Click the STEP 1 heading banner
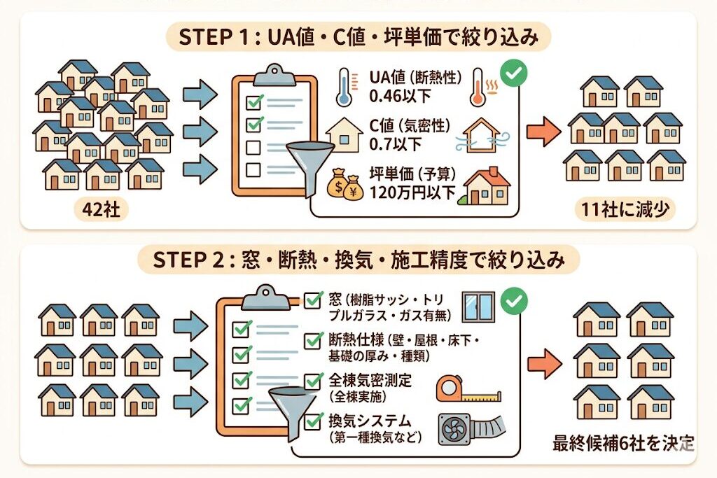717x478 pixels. click(x=358, y=37)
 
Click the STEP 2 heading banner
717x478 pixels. click(x=358, y=261)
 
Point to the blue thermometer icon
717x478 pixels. click(x=343, y=87)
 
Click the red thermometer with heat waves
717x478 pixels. click(x=480, y=87)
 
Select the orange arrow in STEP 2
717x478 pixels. click(x=543, y=364)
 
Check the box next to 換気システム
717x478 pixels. click(x=314, y=422)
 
